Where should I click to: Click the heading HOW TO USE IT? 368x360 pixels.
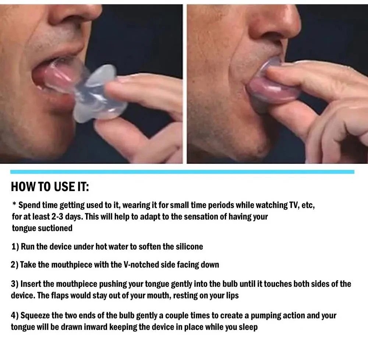coord(50,187)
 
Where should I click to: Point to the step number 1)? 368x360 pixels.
coord(15,247)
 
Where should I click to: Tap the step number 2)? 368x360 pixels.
coord(15,265)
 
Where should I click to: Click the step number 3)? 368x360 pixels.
coord(15,284)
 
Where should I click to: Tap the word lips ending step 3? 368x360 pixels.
coord(233,296)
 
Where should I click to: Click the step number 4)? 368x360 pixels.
coord(15,316)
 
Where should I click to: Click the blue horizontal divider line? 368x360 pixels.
coord(183,172)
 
